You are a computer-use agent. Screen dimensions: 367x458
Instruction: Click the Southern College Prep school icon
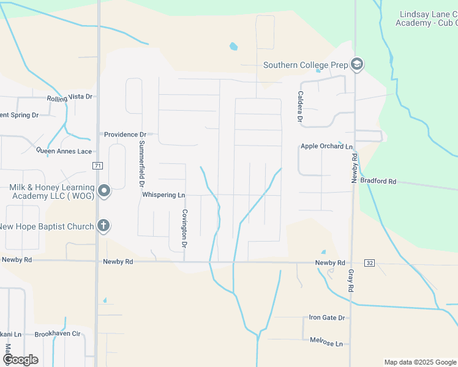coord(357,64)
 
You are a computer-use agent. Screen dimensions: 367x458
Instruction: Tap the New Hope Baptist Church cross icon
coord(103,226)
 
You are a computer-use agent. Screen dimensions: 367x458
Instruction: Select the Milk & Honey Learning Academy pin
coord(104,191)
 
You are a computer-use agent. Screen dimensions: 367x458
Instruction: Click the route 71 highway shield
coord(97,166)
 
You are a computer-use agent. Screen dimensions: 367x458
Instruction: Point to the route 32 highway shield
coord(369,262)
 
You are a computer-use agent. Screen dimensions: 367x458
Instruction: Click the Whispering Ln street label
coord(163,195)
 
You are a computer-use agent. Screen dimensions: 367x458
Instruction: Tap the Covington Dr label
coord(184,228)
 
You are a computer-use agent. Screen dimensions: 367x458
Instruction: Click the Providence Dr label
coord(125,134)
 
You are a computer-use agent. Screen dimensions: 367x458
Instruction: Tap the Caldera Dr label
coord(300,106)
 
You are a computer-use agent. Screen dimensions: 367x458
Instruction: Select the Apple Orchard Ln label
coord(326,147)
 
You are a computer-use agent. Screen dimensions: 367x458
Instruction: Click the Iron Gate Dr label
coord(327,317)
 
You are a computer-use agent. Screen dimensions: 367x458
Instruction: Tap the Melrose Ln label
coord(326,344)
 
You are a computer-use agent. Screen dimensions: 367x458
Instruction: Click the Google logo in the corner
coord(20,360)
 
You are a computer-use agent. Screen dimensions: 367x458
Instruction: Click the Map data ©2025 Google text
coord(420,362)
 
